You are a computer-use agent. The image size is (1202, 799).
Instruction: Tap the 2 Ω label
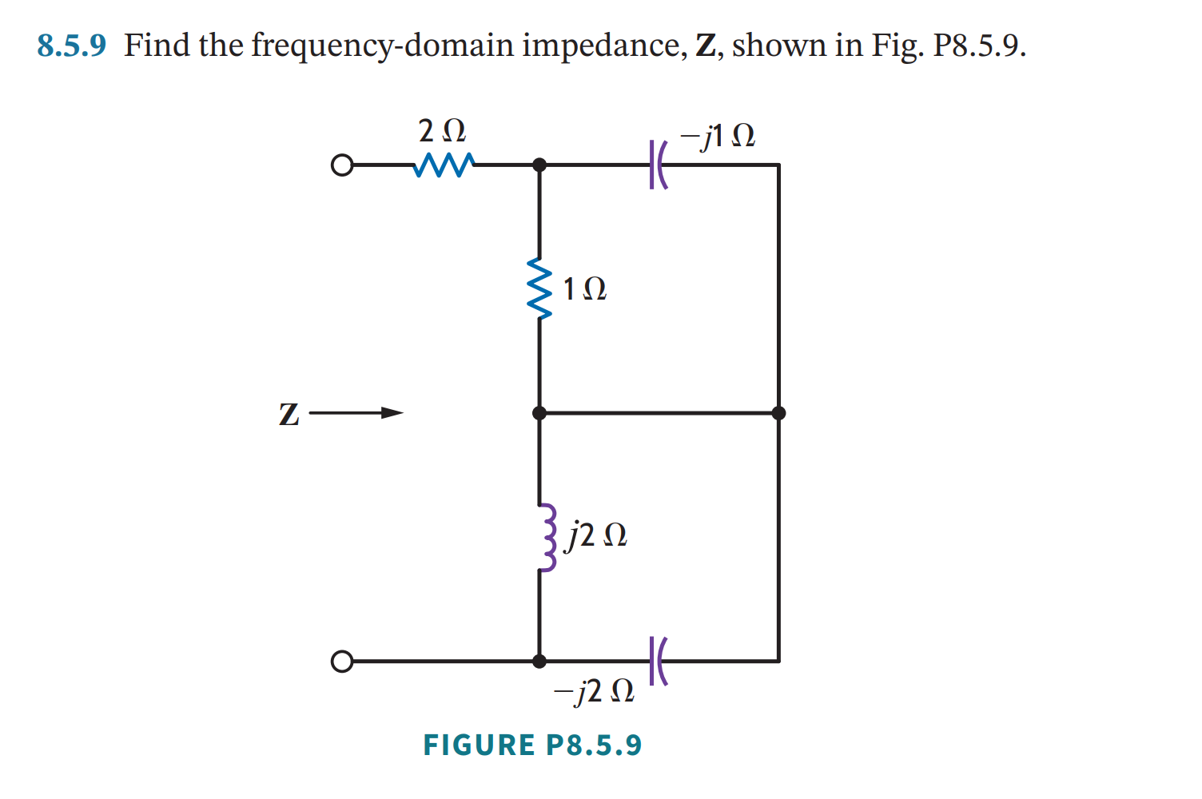coord(441,130)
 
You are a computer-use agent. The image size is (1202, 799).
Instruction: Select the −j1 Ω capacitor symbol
coord(658,165)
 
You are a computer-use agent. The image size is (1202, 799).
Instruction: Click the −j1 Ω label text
coord(717,136)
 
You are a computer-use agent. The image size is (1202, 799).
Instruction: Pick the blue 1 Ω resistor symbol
coord(540,288)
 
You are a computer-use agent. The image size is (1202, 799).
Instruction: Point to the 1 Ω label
coord(584,288)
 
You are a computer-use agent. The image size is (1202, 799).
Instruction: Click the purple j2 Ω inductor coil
coord(546,537)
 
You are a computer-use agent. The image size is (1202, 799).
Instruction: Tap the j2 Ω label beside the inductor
coord(596,535)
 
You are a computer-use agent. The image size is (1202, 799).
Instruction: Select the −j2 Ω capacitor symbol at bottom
coord(657,661)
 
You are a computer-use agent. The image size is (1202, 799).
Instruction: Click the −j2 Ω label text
coord(594,690)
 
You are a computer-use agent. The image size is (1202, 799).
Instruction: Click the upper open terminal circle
coord(341,165)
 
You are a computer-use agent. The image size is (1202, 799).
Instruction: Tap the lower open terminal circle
coord(341,662)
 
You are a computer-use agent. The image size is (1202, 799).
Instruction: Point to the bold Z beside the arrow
coord(289,415)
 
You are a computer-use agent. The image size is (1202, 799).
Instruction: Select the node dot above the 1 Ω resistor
coord(539,165)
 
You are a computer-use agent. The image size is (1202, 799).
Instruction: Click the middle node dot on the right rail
coord(778,413)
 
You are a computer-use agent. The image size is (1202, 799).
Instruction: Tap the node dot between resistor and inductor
coord(539,413)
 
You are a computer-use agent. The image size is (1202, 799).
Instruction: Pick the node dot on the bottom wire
coord(539,662)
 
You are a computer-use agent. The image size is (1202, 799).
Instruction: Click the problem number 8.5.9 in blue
coord(71,46)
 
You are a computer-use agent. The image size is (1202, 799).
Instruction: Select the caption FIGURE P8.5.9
coord(532,745)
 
